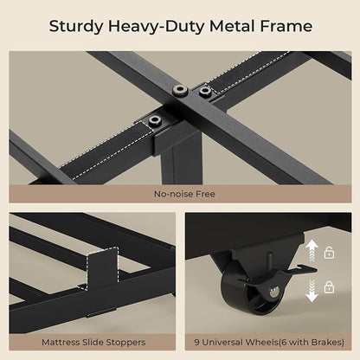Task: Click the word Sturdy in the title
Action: pos(76,27)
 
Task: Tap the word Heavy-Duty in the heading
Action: pos(157,27)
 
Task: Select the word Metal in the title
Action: pos(233,26)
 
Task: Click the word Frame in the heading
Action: pos(286,26)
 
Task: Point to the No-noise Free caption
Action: pos(184,194)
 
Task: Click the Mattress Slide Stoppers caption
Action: pos(93,343)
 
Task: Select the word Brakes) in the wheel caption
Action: pos(328,343)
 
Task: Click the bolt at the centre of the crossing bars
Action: pos(181,91)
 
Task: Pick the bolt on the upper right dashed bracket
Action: pos(205,91)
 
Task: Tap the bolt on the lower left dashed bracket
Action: pos(155,119)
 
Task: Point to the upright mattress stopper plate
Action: pos(102,268)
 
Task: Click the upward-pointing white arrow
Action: pos(312,251)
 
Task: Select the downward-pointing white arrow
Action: pos(312,291)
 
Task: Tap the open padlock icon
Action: pos(330,253)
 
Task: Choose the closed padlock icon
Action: pos(329,287)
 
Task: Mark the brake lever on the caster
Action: pos(303,269)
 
